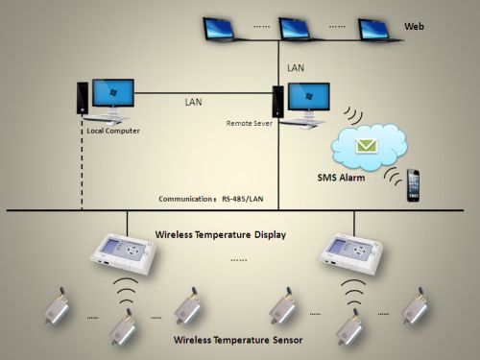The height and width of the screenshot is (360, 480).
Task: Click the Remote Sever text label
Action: pos(250,123)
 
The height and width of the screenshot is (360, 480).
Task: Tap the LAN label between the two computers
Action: pos(195,100)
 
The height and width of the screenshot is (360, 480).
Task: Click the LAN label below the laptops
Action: pos(297,67)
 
